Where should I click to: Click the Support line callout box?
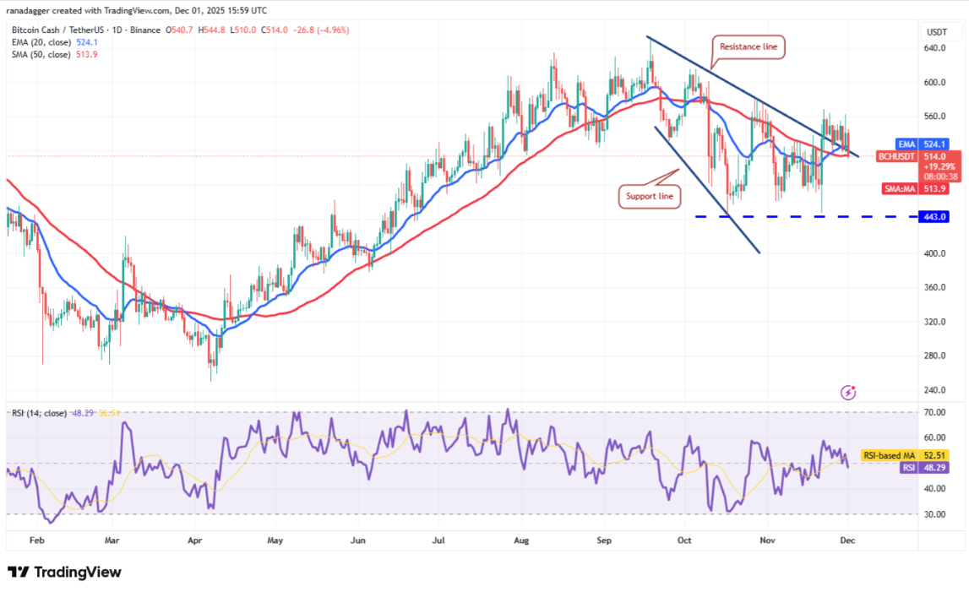tap(649, 197)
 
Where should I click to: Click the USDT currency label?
tap(936, 32)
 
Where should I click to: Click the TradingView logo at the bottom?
tap(64, 572)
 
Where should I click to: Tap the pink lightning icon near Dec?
tap(849, 392)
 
